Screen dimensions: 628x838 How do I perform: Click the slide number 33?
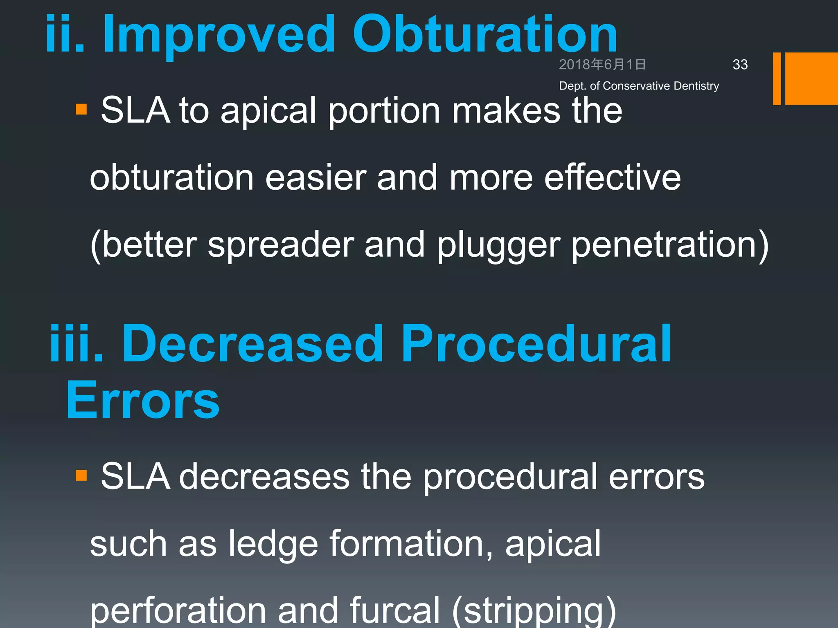[740, 65]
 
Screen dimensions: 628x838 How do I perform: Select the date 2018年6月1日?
[602, 65]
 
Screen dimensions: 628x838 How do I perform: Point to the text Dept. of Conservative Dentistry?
[639, 86]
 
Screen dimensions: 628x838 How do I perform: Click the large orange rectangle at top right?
[811, 78]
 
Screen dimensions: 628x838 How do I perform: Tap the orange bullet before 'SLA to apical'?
[81, 110]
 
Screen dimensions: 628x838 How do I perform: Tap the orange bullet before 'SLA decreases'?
[81, 475]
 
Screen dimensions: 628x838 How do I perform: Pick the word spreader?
[281, 245]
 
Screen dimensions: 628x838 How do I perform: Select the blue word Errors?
[143, 400]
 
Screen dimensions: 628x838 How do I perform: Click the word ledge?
[273, 544]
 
